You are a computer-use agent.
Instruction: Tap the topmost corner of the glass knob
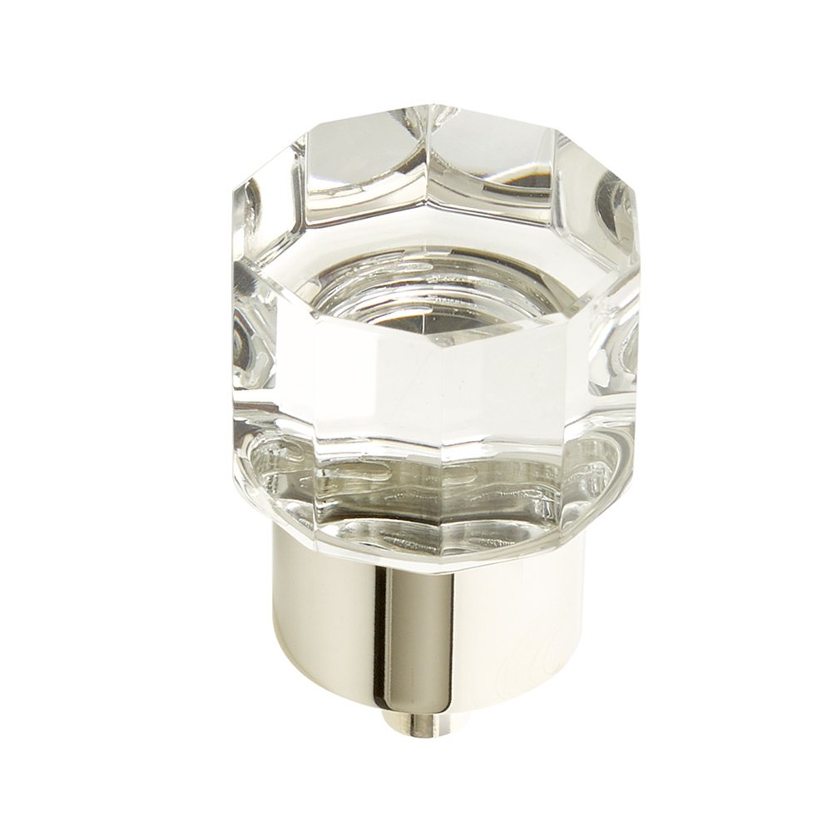click(x=433, y=106)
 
